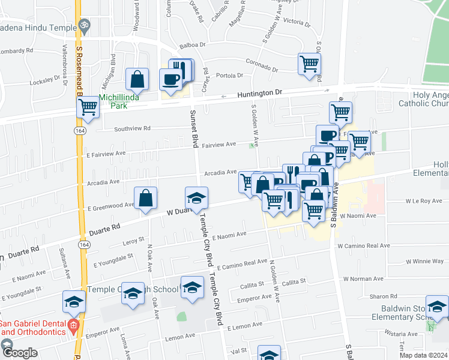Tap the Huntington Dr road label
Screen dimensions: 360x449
click(259, 94)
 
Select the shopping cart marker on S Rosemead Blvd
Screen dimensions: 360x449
click(88, 107)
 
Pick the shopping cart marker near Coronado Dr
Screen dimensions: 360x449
click(309, 63)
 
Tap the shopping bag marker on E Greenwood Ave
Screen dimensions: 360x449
click(146, 197)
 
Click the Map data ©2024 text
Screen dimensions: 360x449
click(423, 355)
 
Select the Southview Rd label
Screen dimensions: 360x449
click(132, 128)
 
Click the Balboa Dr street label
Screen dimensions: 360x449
click(192, 45)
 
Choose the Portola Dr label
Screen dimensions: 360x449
click(229, 76)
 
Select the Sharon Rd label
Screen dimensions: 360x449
click(384, 296)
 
